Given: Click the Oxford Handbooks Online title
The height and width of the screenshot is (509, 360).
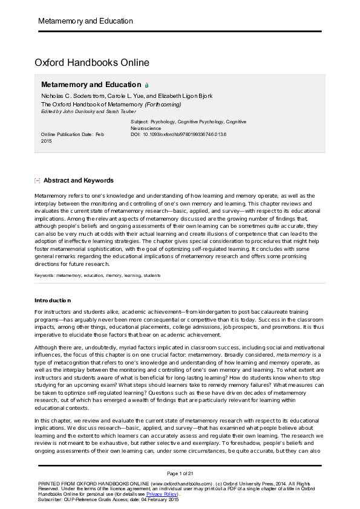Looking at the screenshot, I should click(x=91, y=63).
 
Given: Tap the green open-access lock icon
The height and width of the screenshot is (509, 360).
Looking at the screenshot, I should click(x=146, y=86).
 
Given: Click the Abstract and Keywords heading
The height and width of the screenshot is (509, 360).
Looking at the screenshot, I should click(x=78, y=180).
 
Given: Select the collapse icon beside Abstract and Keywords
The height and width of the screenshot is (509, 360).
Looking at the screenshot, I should click(x=38, y=180).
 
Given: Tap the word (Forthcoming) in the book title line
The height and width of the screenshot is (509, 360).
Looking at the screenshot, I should click(x=162, y=104).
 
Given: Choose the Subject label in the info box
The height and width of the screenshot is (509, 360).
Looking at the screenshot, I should click(x=140, y=122).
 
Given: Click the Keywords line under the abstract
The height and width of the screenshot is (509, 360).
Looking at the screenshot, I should click(x=97, y=275).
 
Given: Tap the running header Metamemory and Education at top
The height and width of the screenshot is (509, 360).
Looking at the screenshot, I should click(x=85, y=21).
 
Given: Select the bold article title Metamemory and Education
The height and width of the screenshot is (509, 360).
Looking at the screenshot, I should click(x=91, y=85).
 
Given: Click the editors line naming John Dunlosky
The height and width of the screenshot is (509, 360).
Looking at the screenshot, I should click(x=76, y=111).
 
